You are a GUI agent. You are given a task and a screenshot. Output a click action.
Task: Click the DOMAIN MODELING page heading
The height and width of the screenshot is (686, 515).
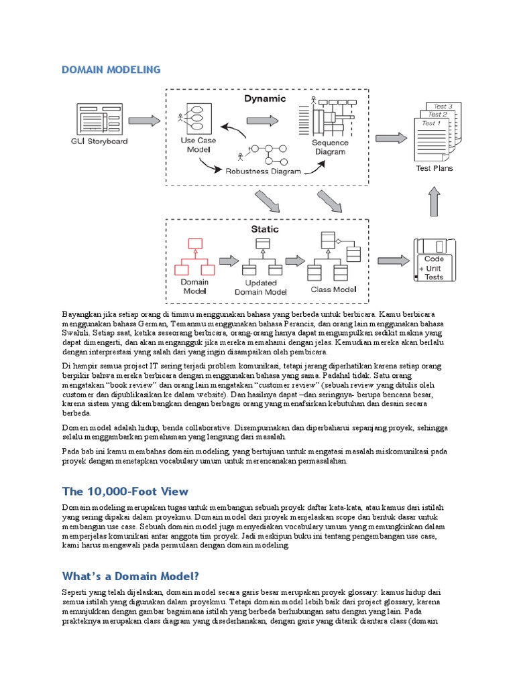[111, 70]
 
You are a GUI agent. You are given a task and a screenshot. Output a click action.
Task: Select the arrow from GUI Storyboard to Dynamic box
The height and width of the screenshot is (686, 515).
[144, 121]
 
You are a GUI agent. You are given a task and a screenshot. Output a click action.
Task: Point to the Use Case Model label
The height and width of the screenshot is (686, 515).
[199, 145]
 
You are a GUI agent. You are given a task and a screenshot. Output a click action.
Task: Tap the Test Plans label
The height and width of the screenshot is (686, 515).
[435, 168]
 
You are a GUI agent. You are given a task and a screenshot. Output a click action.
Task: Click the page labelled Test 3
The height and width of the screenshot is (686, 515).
[443, 107]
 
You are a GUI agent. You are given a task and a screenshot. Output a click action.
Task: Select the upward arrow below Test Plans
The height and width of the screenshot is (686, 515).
[435, 201]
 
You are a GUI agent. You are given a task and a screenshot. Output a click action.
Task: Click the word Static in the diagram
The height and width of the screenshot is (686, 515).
[264, 229]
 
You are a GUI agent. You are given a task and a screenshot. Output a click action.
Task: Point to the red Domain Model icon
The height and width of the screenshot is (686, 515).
[194, 257]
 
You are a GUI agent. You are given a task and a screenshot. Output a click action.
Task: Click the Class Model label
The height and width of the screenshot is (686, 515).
[333, 289]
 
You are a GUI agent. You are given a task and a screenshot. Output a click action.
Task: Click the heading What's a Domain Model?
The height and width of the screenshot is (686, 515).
[130, 576]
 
